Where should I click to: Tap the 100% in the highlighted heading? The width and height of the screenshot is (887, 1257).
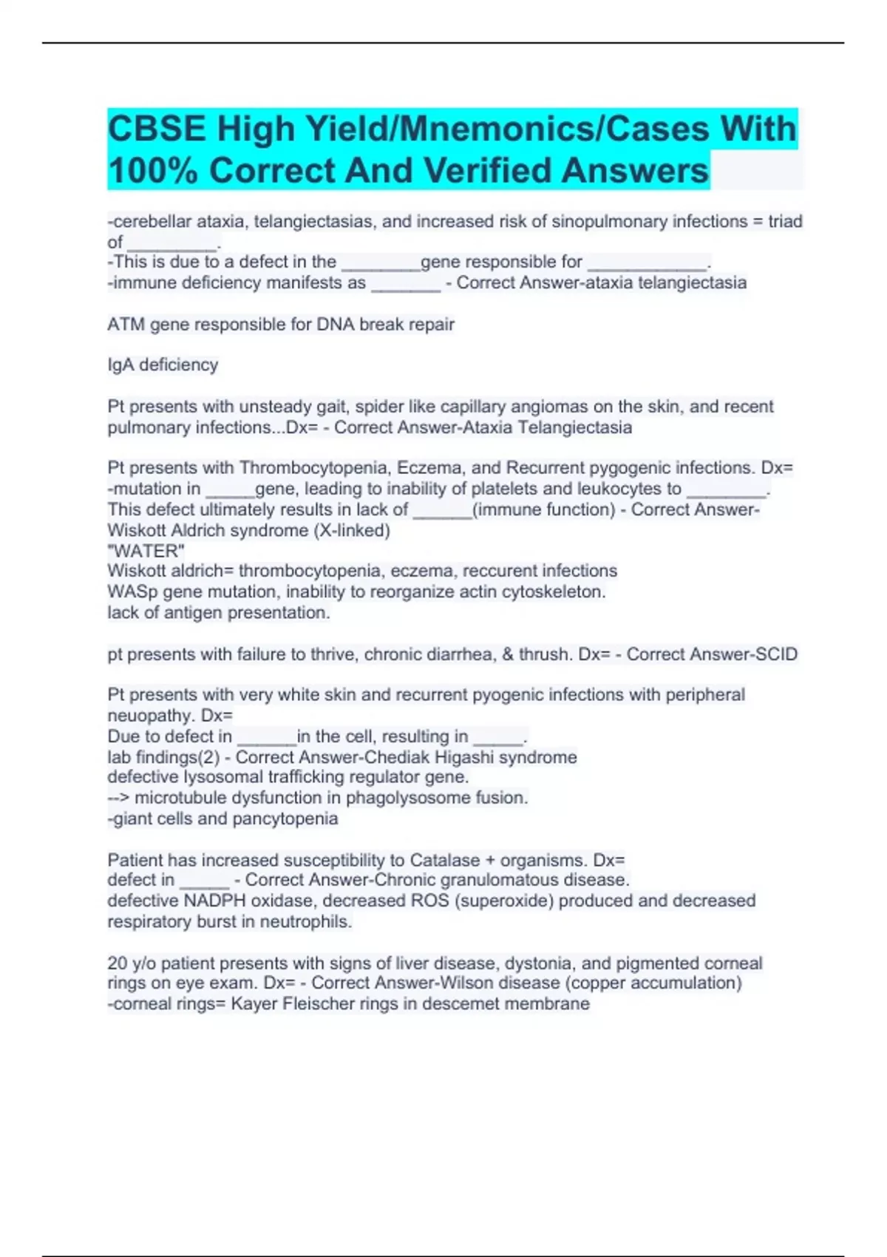tap(153, 171)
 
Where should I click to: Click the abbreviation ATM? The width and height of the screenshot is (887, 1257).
tap(126, 325)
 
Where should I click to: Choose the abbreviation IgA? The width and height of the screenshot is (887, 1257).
tap(121, 365)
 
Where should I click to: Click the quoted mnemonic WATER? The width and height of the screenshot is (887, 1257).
tap(146, 551)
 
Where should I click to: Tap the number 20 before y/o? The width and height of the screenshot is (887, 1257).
tap(118, 963)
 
